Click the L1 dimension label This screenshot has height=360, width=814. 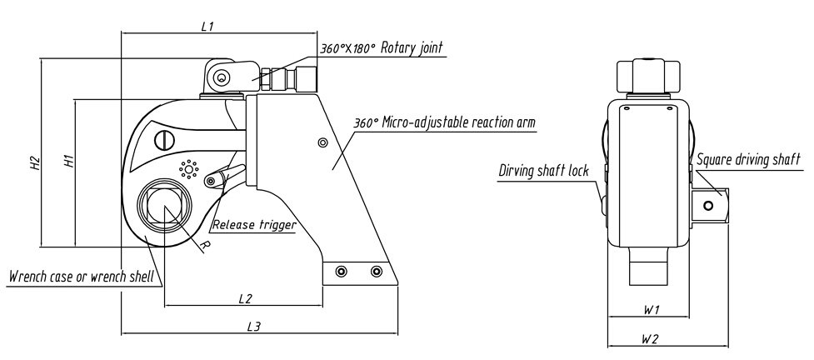coord(208,27)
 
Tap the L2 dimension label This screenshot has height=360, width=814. coord(245,297)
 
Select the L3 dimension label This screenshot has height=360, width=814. coord(255,327)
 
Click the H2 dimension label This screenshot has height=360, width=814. coord(35,163)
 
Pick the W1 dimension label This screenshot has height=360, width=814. coord(652,310)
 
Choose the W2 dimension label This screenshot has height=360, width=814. coord(652,339)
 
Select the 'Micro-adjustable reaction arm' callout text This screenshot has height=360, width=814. coord(444,122)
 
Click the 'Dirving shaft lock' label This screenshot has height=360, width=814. coord(544,171)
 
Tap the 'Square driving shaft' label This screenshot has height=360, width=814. coord(748,158)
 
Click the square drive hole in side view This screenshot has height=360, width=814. coord(166,203)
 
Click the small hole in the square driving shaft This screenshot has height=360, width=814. coord(708,205)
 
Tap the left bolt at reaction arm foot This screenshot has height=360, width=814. coord(340,272)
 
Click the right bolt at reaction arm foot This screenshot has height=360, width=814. coord(376,272)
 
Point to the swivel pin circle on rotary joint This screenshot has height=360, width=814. coord(221,78)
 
